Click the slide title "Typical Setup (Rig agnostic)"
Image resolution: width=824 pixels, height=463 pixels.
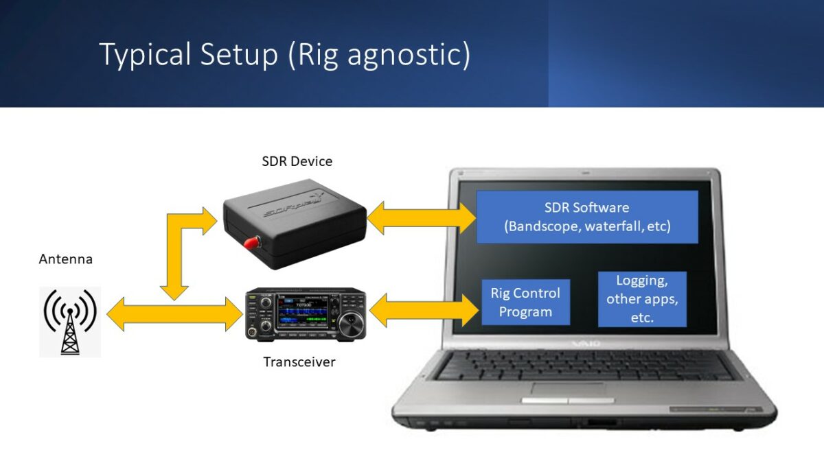point(285,54)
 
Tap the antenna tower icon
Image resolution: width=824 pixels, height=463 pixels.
point(70,322)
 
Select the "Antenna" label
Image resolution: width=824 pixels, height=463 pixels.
point(65,259)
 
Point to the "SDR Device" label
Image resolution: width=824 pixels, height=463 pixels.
point(297,162)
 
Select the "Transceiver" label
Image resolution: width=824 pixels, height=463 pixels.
point(299,361)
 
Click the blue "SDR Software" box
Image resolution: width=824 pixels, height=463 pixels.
point(587,217)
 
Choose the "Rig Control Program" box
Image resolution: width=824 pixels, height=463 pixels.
point(525,302)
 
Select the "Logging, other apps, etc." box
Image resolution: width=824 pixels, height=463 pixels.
point(642,299)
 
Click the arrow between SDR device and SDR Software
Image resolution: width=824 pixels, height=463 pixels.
point(422,218)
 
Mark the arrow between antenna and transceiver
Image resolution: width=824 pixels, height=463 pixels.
point(175,314)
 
